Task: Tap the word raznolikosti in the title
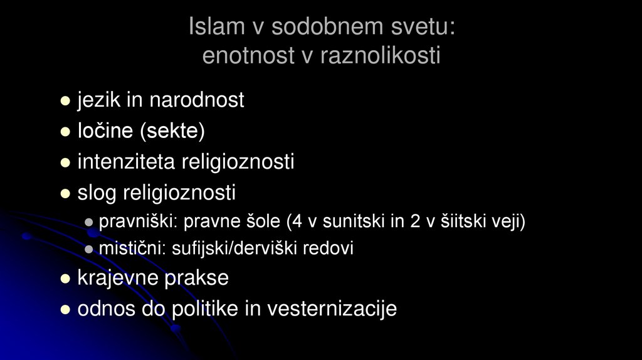pyautogui.click(x=380, y=56)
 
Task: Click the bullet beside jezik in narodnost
pyautogui.click(x=65, y=100)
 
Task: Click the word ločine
pyautogui.click(x=105, y=131)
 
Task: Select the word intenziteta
pyautogui.click(x=127, y=162)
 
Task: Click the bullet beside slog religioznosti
pyautogui.click(x=65, y=194)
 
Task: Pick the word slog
pyautogui.click(x=97, y=193)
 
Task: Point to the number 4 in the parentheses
pyautogui.click(x=293, y=222)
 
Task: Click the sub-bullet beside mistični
pyautogui.click(x=89, y=249)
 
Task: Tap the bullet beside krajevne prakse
pyautogui.click(x=65, y=279)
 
